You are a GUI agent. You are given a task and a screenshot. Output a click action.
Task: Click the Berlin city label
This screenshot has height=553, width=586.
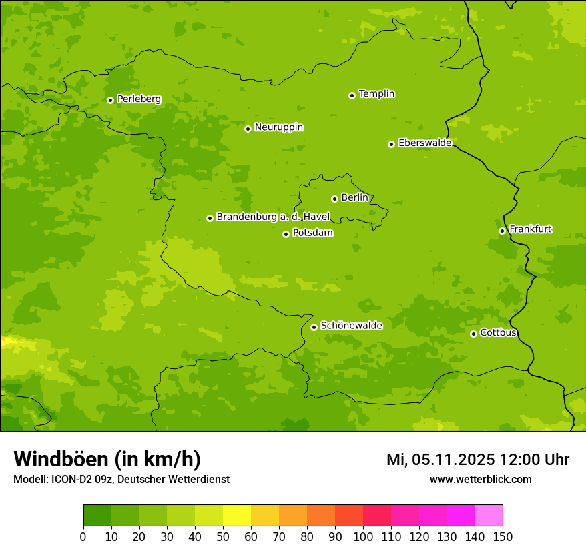(354, 197)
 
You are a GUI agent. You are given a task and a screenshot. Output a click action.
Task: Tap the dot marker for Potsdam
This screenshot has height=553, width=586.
(286, 234)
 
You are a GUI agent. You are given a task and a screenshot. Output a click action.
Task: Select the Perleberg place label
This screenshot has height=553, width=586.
(139, 99)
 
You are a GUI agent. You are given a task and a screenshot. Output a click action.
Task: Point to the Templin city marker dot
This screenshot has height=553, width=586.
(352, 95)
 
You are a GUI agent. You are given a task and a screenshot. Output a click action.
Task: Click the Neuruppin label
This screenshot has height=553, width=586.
(278, 127)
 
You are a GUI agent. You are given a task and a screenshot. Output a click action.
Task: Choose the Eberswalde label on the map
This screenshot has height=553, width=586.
(425, 143)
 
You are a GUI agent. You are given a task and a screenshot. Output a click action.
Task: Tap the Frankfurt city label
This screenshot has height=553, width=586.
(530, 229)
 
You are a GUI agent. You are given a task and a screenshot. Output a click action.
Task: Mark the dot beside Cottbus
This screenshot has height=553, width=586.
(473, 334)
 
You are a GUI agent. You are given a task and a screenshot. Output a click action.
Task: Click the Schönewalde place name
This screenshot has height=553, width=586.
(351, 326)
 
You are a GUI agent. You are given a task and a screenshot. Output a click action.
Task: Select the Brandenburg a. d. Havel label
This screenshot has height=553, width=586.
(273, 217)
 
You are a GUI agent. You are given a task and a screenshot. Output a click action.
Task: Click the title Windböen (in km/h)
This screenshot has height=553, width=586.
(107, 459)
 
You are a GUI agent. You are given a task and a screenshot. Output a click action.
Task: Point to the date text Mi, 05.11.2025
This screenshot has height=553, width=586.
(440, 460)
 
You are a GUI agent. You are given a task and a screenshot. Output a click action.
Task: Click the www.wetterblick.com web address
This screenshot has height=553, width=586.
(480, 479)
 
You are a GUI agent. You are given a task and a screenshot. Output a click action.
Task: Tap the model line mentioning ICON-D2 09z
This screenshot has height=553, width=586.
(121, 479)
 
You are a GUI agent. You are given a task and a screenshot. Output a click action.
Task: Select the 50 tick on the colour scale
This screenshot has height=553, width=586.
(223, 536)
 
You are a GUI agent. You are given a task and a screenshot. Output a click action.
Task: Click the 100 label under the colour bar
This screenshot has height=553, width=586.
(363, 536)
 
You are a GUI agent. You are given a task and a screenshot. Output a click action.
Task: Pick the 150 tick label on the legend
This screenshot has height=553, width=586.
(503, 536)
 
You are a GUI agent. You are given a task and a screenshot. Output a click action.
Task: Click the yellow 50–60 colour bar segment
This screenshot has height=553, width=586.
(237, 515)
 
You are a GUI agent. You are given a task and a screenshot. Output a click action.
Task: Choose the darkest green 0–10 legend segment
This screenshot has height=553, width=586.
(97, 515)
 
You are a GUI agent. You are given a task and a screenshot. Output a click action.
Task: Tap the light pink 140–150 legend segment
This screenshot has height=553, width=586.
(489, 515)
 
